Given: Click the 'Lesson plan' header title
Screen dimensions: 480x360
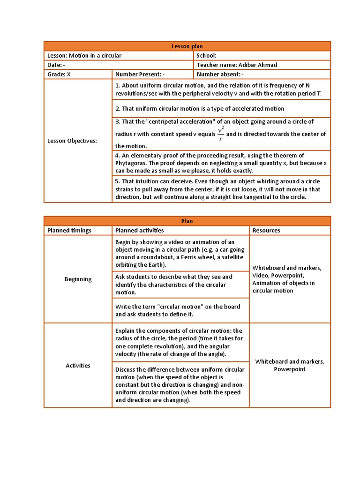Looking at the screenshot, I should pyautogui.click(x=187, y=46).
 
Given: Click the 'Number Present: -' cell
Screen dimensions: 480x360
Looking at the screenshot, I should pyautogui.click(x=140, y=74).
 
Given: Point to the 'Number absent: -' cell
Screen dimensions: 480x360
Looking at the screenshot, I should pyautogui.click(x=220, y=74).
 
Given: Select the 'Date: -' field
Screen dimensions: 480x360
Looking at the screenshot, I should pyautogui.click(x=56, y=65).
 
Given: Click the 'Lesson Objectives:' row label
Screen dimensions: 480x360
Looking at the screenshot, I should pyautogui.click(x=72, y=141).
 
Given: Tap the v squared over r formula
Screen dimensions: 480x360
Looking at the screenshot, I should pyautogui.click(x=221, y=134).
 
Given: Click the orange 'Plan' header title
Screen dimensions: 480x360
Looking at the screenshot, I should pyautogui.click(x=187, y=221).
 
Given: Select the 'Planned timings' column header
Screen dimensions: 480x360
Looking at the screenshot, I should pyautogui.click(x=69, y=230).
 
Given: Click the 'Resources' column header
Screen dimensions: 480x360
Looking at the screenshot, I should pyautogui.click(x=266, y=230).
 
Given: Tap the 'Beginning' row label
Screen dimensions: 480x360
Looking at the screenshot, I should pyautogui.click(x=78, y=279).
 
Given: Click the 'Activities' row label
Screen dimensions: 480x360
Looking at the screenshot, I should pyautogui.click(x=78, y=365).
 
